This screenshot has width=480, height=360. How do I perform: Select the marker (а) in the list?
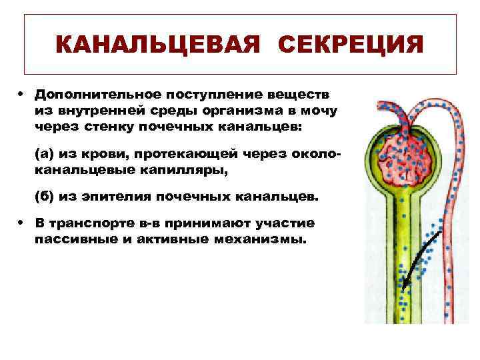pos(45,154)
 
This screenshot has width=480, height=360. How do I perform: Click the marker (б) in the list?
pos(45,197)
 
